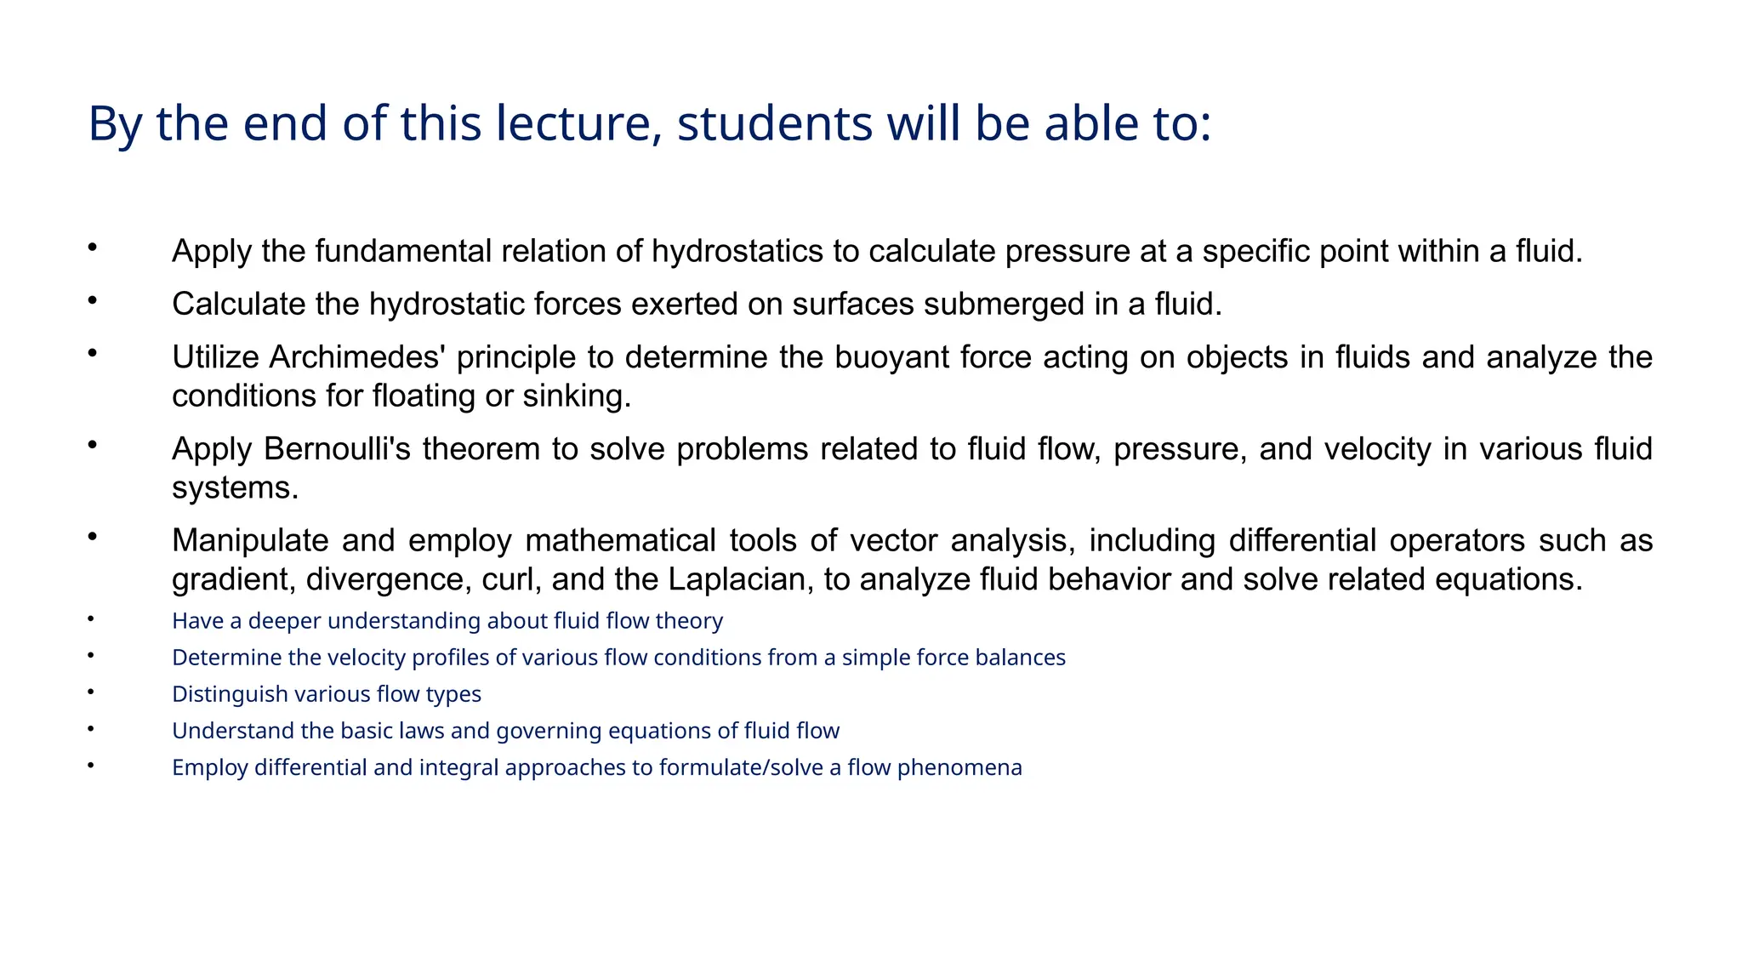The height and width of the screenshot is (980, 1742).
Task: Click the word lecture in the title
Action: (x=578, y=123)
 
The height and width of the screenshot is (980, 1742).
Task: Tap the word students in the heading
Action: (x=774, y=123)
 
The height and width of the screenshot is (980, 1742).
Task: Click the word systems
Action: (x=235, y=488)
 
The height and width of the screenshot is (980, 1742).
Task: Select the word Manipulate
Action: (x=250, y=541)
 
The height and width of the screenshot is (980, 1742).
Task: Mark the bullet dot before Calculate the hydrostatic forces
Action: (x=92, y=300)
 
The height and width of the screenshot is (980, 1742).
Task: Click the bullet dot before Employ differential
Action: (x=90, y=766)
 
